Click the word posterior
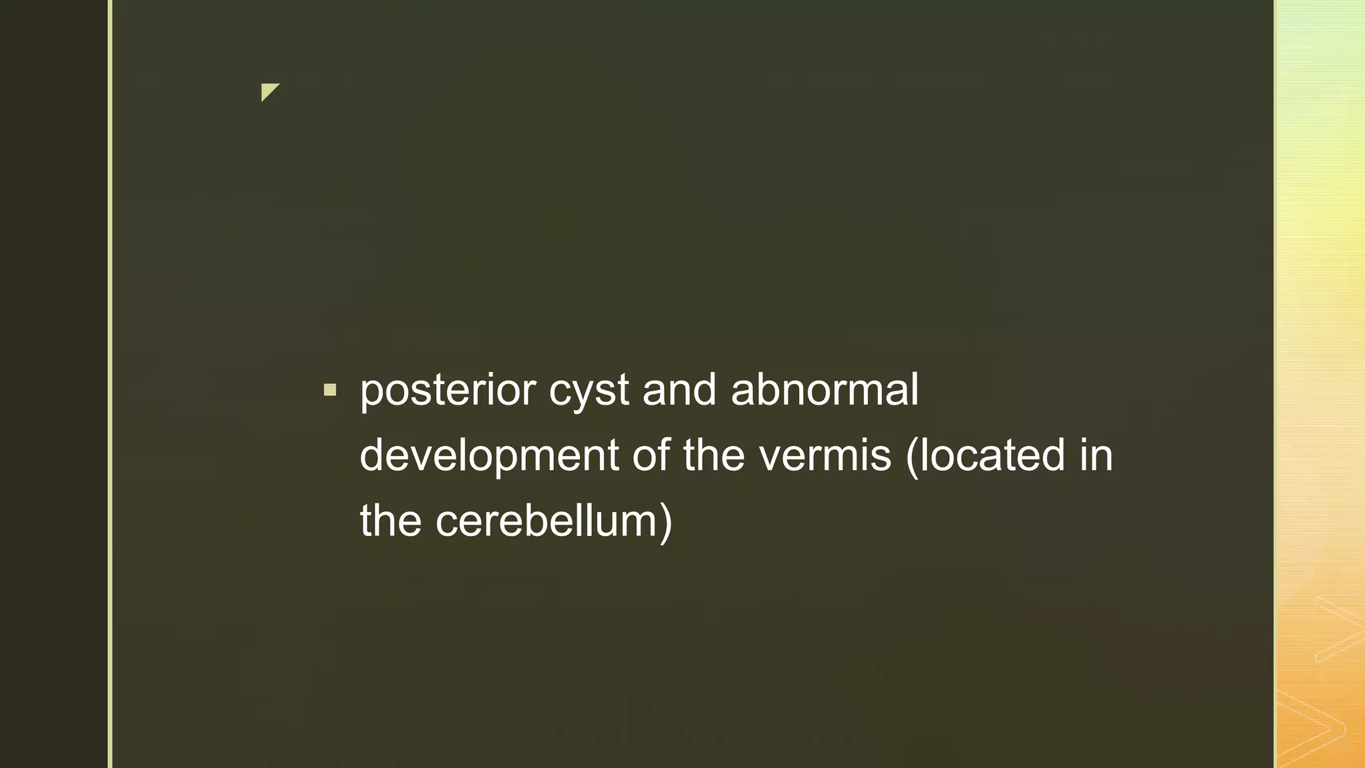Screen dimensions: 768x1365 pos(448,391)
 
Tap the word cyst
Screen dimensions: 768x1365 pos(589,391)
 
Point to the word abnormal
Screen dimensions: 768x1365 pos(824,391)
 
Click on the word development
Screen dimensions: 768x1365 pos(489,456)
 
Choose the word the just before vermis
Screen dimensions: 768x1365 pos(714,456)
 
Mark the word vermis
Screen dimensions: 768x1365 pos(825,456)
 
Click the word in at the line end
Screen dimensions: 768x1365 pos(1096,456)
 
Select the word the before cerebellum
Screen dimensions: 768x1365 pos(391,521)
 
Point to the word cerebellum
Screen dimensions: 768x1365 pos(547,521)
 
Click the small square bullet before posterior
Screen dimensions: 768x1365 pos(330,390)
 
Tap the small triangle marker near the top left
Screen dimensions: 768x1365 pos(269,91)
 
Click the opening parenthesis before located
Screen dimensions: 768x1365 pos(912,457)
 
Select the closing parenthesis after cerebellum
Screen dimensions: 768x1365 pos(666,523)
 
